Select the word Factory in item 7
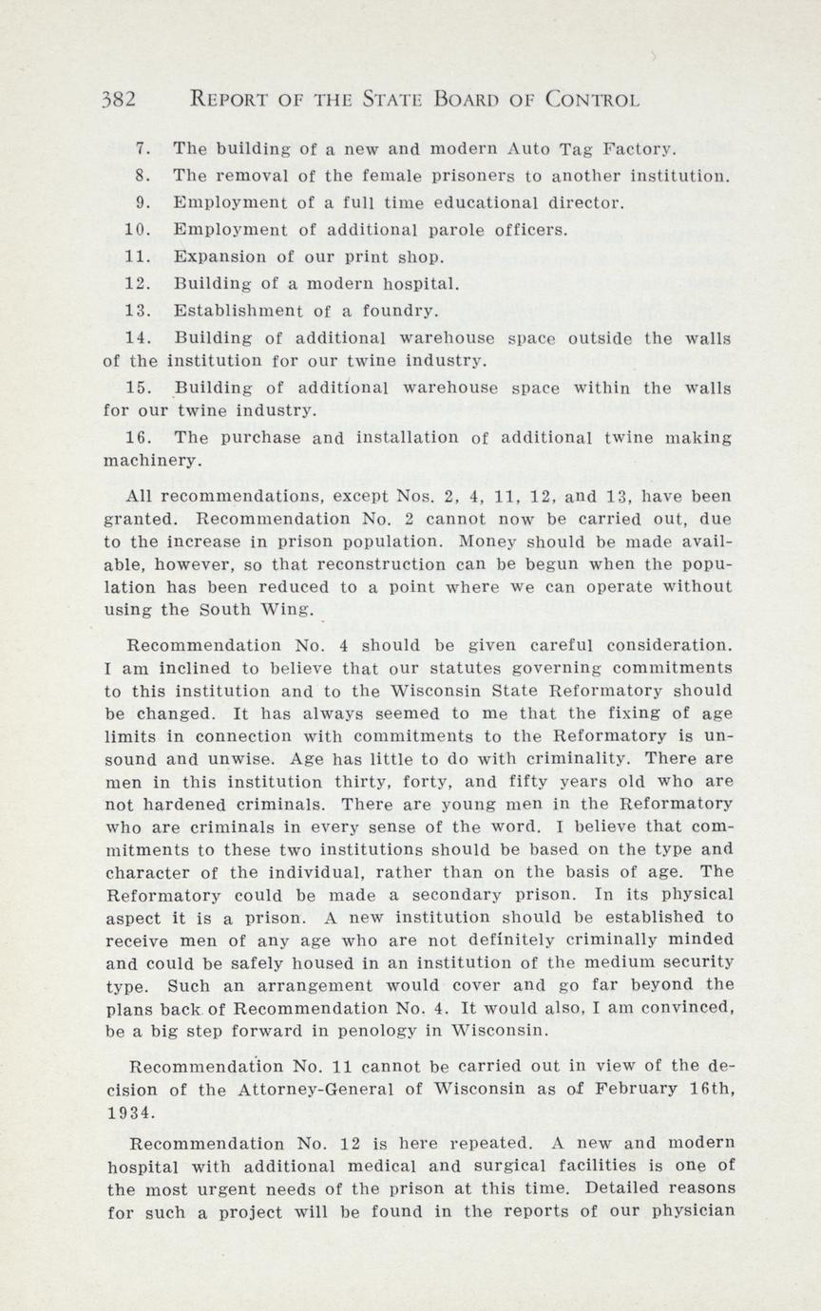click(x=643, y=149)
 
